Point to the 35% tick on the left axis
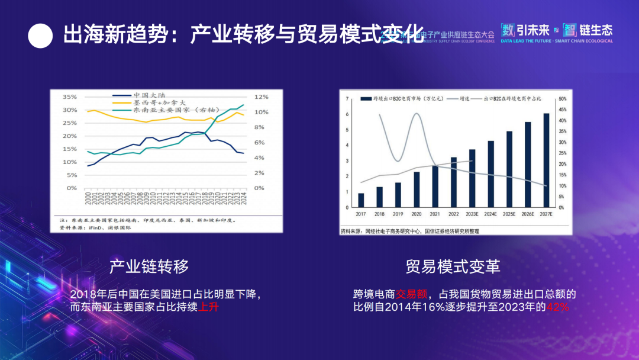point(70,97)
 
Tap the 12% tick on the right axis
point(262,97)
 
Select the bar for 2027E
point(546,160)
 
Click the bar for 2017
point(361,201)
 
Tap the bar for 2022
point(453,182)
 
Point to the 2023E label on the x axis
point(472,214)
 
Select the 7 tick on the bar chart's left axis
point(347,99)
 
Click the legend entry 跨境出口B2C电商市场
point(402,99)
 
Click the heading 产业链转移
point(149,267)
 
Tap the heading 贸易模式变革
point(453,267)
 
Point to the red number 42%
point(557,307)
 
